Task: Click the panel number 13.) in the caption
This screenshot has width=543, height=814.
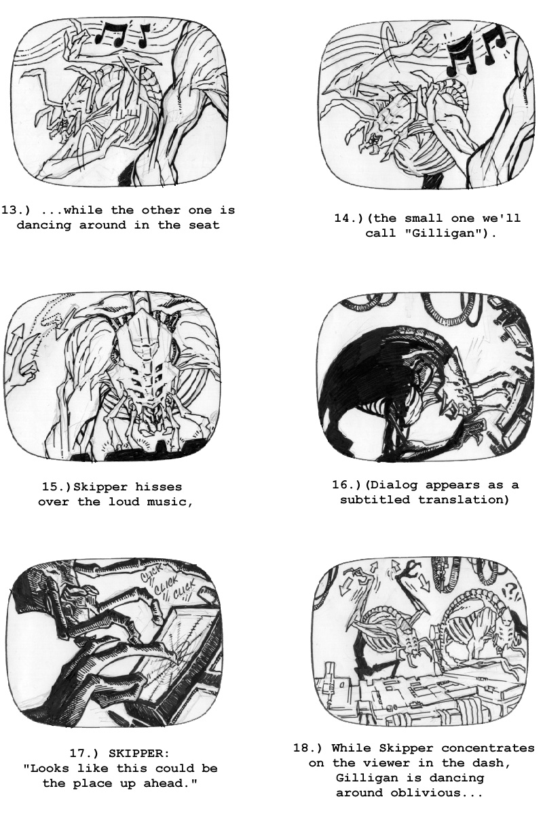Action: (x=16, y=210)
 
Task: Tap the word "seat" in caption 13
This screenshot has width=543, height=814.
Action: (x=204, y=225)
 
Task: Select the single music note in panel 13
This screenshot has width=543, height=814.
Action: (x=143, y=36)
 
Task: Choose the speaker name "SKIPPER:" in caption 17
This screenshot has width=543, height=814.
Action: (x=139, y=754)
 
